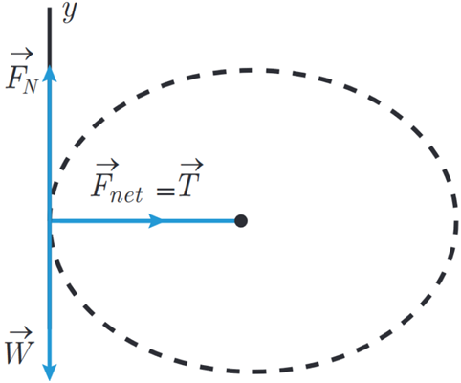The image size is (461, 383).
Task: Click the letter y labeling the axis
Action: click(70, 12)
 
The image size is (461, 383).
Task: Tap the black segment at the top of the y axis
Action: click(50, 36)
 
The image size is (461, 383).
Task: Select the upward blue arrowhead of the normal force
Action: click(50, 74)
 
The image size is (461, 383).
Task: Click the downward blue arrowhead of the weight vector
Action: click(50, 372)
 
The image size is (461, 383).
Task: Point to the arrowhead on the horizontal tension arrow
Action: click(156, 221)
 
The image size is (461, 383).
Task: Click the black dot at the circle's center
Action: click(241, 221)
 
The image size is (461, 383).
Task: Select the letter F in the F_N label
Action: click(15, 79)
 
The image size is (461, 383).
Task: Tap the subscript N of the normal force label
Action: click(31, 86)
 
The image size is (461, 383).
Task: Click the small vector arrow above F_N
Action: click(21, 55)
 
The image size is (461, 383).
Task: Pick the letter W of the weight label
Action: click(19, 352)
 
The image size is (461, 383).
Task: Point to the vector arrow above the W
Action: click(21, 333)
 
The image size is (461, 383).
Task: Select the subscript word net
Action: click(126, 193)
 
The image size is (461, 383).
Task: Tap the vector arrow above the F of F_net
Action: click(107, 165)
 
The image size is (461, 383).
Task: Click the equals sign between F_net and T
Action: click(165, 191)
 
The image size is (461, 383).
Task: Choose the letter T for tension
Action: click(188, 186)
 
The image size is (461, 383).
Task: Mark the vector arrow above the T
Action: click(191, 165)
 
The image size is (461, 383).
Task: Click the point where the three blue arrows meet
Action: click(50, 221)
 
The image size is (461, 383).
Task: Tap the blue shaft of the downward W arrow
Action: click(50, 293)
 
